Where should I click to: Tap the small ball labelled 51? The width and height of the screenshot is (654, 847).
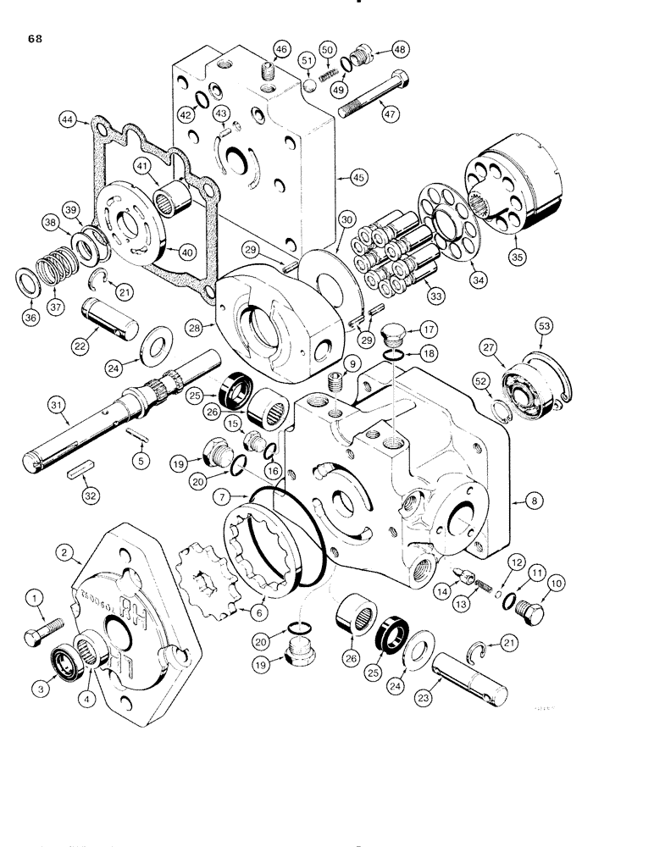pyautogui.click(x=310, y=86)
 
